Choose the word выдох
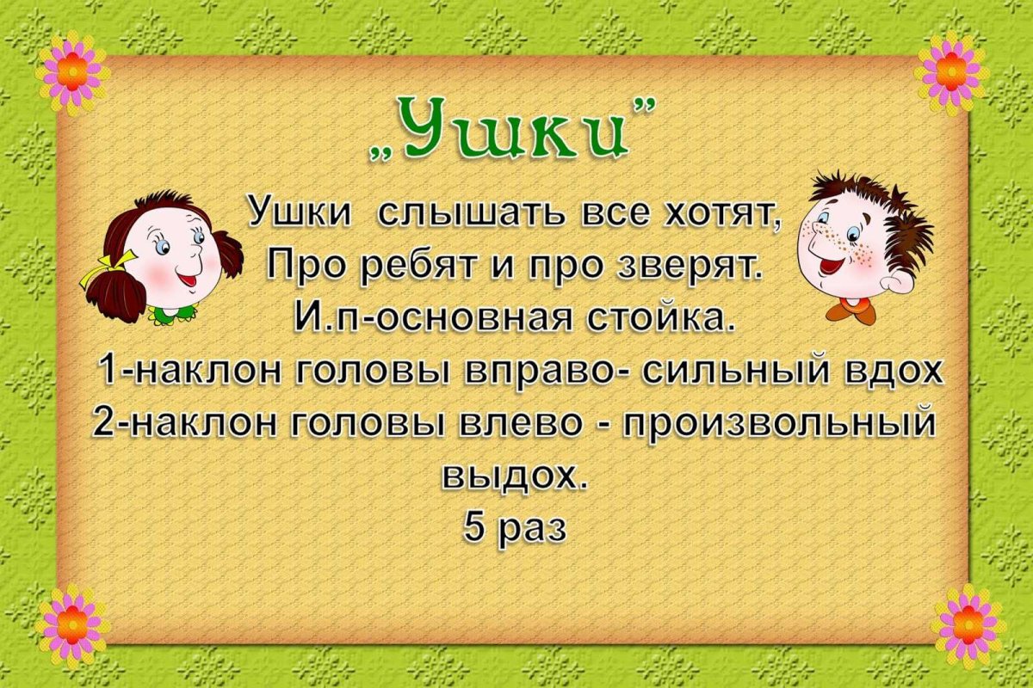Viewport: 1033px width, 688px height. coord(515,476)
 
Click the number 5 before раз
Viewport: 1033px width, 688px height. coord(475,527)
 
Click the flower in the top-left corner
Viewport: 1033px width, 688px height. coord(71,72)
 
